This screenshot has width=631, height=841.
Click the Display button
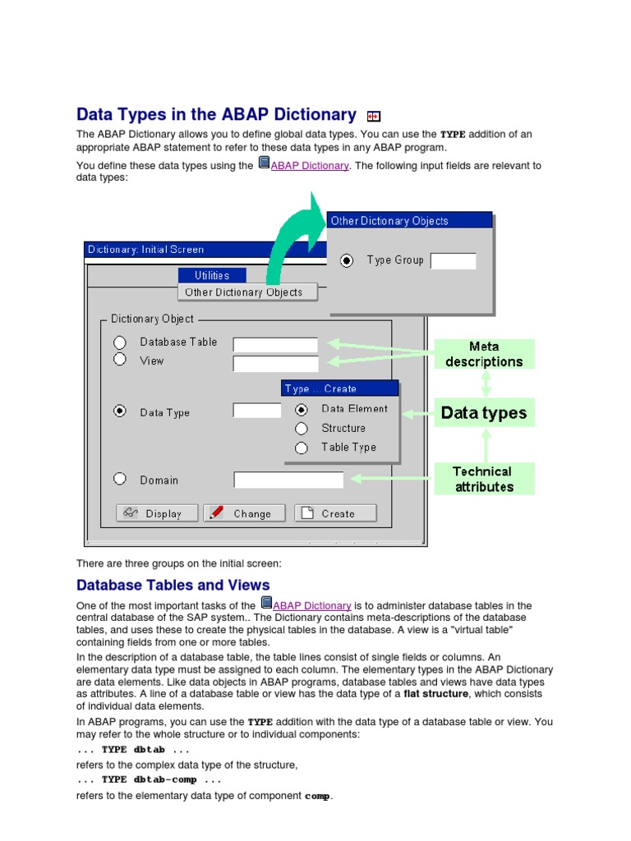tap(158, 513)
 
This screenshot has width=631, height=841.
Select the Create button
tap(335, 513)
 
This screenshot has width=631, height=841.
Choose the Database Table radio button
tap(120, 342)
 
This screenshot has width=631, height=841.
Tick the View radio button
tap(120, 359)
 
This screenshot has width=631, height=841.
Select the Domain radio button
tap(120, 479)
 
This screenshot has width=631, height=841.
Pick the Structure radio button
tap(302, 428)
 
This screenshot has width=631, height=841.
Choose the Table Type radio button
tap(302, 448)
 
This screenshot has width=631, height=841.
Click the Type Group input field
tap(453, 260)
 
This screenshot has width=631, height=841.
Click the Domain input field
tap(288, 480)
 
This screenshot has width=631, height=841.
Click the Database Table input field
tap(275, 345)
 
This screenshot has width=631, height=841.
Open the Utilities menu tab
tap(212, 275)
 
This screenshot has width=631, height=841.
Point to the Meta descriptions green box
tap(484, 354)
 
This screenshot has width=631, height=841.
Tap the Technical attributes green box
tap(484, 479)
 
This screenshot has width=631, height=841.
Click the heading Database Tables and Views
tap(173, 585)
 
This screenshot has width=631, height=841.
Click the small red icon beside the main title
tap(374, 117)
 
